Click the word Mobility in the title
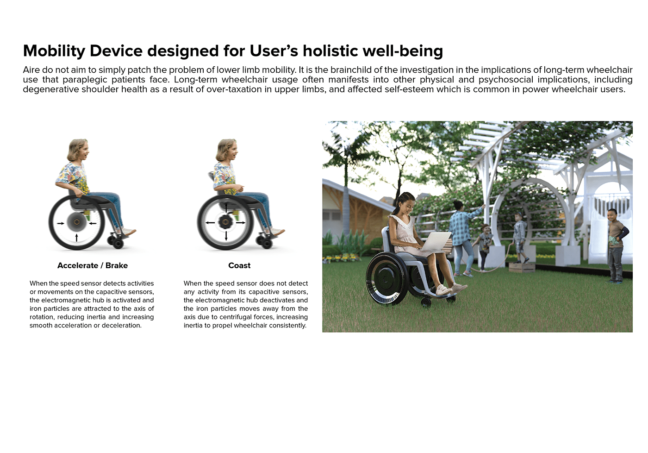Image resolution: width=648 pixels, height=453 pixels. click(54, 51)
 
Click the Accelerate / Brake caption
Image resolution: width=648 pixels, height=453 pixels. click(93, 265)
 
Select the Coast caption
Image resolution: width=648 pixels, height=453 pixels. click(239, 265)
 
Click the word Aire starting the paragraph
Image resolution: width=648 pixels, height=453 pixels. click(31, 70)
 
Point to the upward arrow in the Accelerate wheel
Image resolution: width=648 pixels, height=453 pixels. click(76, 238)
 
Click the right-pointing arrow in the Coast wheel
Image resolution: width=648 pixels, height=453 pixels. click(241, 223)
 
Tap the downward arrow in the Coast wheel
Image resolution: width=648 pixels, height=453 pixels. click(226, 236)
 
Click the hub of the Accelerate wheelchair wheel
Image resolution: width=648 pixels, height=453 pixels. click(77, 222)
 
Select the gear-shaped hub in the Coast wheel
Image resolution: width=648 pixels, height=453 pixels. click(226, 222)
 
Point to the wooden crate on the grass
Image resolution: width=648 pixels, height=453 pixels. click(522, 267)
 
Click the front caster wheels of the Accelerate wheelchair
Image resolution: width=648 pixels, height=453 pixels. click(116, 242)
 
